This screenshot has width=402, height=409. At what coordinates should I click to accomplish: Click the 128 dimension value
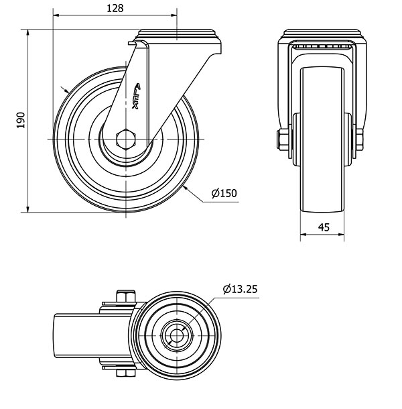coord(115,9)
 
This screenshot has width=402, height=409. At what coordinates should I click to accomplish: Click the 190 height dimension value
coord(20,120)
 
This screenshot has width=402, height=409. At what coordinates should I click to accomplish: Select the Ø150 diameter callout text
coord(224,193)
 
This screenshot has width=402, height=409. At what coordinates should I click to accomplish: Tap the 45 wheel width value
coord(324,227)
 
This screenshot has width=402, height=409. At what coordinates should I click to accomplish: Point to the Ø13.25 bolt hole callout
coord(240,289)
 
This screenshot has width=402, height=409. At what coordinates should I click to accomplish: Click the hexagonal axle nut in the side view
coord(126,139)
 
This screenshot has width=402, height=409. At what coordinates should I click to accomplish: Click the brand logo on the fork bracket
coord(137,96)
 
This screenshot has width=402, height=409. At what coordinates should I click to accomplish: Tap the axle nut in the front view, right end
coord(360,139)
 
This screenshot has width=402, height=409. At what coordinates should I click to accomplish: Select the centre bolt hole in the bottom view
coord(177,335)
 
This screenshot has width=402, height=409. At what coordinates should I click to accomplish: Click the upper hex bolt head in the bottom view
coord(126,296)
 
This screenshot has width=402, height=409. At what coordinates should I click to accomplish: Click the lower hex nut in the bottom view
coord(126,373)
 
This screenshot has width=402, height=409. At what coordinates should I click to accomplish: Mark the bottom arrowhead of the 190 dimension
coord(27,209)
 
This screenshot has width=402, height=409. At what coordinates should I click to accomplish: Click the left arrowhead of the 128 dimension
coord(56,15)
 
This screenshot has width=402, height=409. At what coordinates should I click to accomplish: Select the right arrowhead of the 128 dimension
coord(174,15)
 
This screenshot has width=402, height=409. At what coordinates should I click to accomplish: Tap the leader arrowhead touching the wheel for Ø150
coord(186,188)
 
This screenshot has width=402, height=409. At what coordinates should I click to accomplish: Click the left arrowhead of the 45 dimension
coord(304,234)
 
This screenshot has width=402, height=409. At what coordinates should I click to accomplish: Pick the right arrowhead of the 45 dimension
coord(341,234)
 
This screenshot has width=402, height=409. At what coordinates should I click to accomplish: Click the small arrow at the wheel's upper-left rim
coord(65,90)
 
